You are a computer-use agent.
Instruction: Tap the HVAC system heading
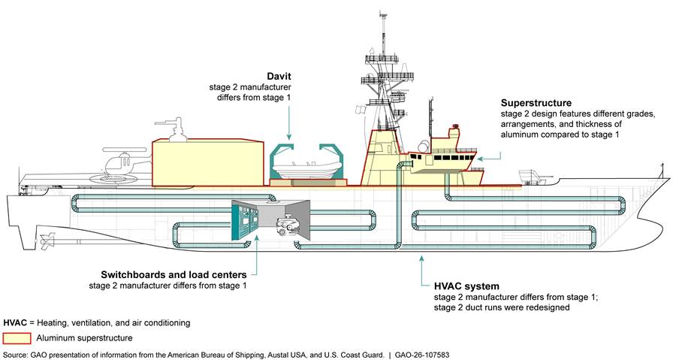point(466,286)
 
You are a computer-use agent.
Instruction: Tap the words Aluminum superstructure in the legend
point(83,338)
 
